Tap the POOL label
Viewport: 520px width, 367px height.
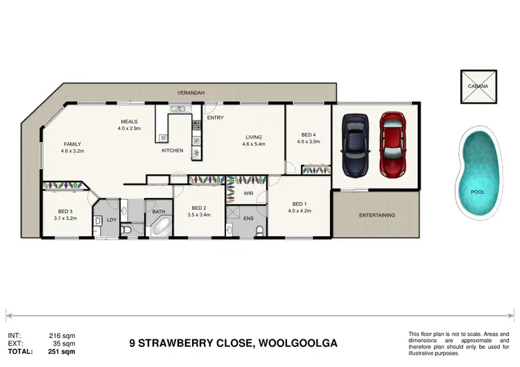478,192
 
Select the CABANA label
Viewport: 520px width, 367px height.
478,87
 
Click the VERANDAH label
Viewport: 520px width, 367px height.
192,92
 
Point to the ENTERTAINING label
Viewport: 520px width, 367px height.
376,215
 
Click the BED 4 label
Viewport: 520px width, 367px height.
309,134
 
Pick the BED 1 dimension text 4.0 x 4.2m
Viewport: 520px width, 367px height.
299,212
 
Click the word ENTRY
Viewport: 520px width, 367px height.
215,118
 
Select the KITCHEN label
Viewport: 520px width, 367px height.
172,150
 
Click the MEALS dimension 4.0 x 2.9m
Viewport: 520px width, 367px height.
129,129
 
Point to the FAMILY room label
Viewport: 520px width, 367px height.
72,144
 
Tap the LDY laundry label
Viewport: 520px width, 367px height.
111,220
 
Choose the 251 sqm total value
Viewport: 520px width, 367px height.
60,351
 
